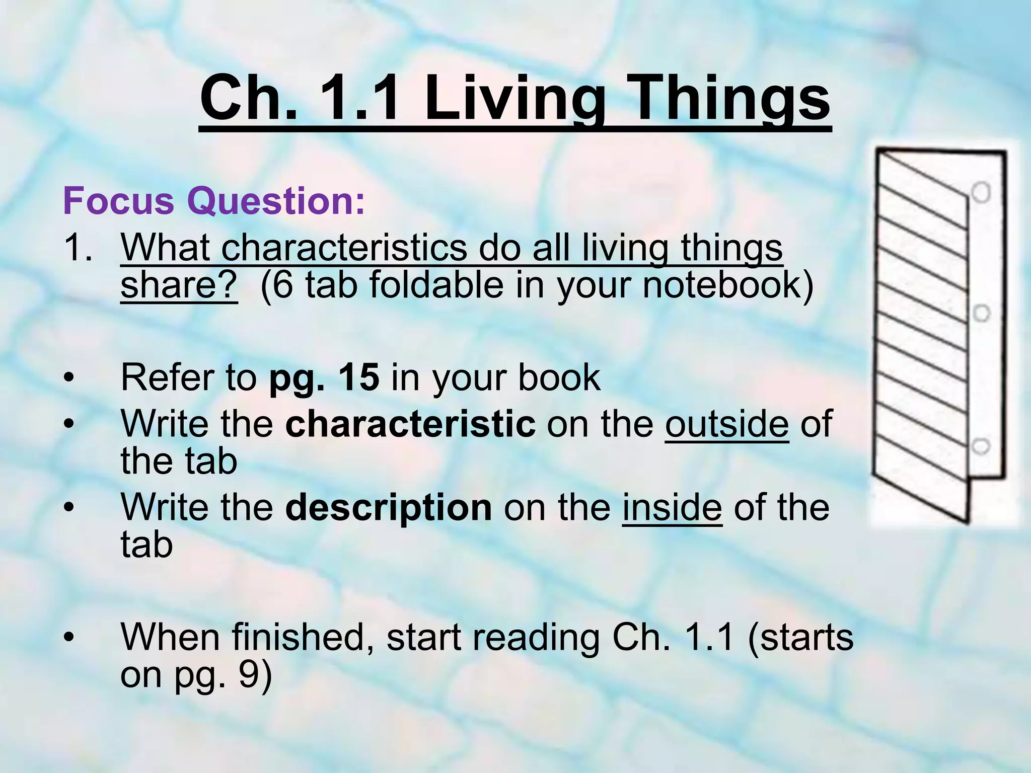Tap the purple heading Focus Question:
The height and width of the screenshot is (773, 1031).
[x=213, y=201]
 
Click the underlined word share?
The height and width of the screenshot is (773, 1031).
[x=179, y=285]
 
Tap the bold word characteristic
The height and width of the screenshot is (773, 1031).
[x=410, y=424]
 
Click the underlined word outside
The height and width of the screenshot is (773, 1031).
[x=727, y=424]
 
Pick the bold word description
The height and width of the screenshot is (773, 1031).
[x=389, y=507]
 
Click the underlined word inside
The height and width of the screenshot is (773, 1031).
[x=672, y=507]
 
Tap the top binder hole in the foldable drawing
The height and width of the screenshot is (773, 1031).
[x=981, y=192]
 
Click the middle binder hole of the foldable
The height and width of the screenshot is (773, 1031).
[x=981, y=313]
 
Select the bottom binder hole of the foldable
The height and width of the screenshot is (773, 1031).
[x=981, y=446]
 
